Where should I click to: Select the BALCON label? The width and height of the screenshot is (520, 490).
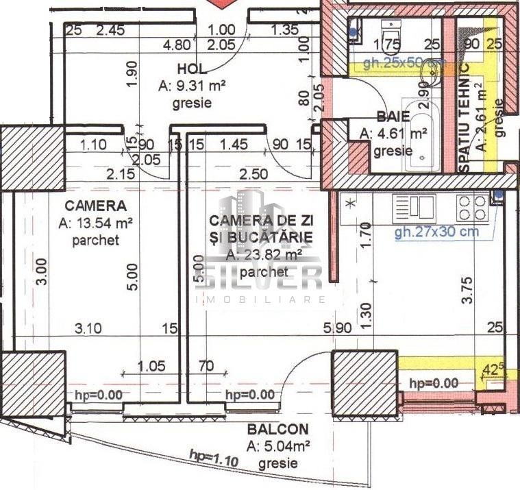click(278, 430)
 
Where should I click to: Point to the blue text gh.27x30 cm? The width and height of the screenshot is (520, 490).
click(436, 232)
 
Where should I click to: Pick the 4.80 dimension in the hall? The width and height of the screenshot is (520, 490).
click(177, 46)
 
